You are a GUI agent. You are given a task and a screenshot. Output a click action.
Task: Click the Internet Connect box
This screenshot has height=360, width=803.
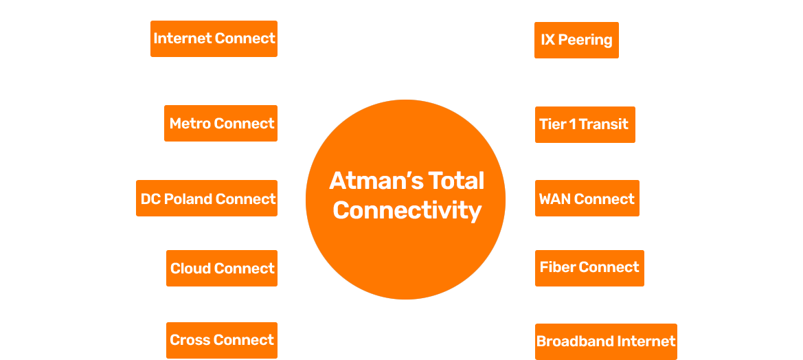[x=214, y=38]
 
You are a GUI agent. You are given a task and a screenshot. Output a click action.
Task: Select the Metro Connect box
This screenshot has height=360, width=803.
[x=220, y=124]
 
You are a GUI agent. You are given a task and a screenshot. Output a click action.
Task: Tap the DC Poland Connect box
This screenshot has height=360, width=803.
[x=207, y=199]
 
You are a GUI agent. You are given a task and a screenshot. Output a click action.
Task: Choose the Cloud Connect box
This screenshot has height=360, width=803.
[x=222, y=269]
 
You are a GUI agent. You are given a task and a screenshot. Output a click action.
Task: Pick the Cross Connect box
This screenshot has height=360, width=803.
[x=222, y=340]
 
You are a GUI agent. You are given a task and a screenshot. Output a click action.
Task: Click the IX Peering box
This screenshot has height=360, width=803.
[x=576, y=40]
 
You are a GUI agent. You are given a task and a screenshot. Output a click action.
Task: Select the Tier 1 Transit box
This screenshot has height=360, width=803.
[x=585, y=124]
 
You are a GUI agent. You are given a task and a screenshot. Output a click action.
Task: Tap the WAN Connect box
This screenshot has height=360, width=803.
[x=587, y=199]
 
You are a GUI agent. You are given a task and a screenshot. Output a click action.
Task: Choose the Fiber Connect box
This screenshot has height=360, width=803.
[x=589, y=267]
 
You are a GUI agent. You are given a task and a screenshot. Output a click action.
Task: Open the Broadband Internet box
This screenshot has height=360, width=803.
[x=606, y=341]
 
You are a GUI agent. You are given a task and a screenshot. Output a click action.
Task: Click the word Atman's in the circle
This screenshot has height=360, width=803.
[x=375, y=181]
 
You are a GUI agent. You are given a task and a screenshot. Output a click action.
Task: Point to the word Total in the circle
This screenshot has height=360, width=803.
[x=456, y=181]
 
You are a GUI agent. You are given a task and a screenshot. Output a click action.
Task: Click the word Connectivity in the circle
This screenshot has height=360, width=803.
[x=407, y=210]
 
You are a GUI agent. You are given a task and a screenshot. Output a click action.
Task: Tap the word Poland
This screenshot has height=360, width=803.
[x=188, y=199]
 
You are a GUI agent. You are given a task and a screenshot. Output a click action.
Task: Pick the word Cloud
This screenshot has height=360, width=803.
[x=190, y=269]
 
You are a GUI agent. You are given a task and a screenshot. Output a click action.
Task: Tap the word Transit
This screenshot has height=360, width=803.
[x=604, y=124]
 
